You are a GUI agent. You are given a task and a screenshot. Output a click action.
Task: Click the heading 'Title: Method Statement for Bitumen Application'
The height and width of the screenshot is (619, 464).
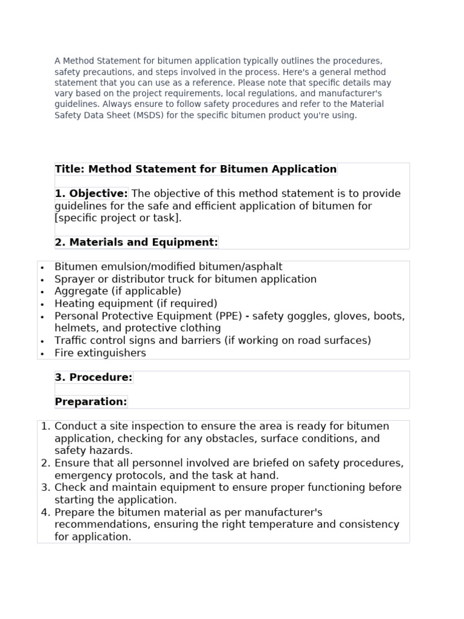pos(196,169)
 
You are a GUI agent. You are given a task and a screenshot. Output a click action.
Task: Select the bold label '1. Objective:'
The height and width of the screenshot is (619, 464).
pos(91,193)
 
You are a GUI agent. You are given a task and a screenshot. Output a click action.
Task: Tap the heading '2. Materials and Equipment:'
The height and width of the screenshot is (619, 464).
pos(137,242)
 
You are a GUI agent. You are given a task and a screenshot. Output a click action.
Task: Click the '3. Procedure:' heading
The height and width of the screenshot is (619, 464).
pos(94,377)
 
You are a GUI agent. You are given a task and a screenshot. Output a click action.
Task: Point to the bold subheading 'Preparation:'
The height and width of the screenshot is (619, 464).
pos(91,402)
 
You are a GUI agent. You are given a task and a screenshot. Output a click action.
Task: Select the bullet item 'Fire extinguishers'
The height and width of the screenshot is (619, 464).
pos(100,353)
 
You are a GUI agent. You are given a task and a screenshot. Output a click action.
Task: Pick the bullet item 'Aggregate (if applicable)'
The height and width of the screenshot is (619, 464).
pos(118,291)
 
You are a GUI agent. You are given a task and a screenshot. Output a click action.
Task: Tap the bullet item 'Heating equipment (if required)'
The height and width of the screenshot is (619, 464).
pos(136,303)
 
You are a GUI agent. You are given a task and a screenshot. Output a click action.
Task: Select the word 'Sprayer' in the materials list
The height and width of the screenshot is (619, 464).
pos(74,279)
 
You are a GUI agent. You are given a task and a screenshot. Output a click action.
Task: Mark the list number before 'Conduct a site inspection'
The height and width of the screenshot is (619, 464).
pos(45,426)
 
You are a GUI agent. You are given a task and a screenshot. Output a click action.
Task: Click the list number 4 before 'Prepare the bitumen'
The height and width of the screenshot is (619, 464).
pos(45,513)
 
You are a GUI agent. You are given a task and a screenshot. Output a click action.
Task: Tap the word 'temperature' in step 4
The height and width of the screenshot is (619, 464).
pos(286,525)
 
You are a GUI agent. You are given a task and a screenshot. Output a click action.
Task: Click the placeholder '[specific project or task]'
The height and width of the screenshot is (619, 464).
pos(118,218)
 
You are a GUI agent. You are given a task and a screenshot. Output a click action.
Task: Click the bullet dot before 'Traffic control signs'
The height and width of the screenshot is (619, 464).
pos(42,341)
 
